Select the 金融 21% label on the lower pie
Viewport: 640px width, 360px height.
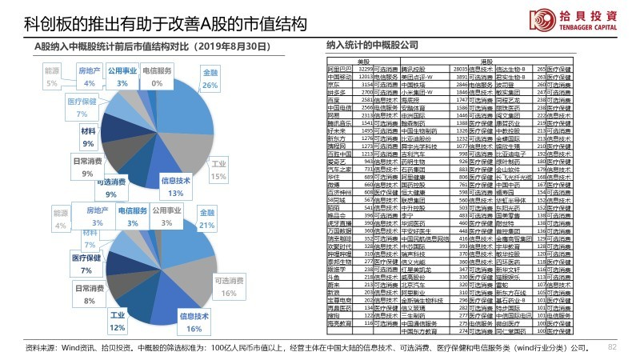click(x=207, y=220)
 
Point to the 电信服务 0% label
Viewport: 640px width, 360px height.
click(x=157, y=77)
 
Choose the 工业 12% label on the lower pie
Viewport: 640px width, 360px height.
click(x=118, y=322)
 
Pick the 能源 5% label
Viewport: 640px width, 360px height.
click(x=53, y=77)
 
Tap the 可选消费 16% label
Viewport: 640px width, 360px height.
click(x=228, y=287)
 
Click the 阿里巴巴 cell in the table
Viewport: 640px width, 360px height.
click(x=339, y=70)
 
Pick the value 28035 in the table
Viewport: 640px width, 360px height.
click(x=467, y=70)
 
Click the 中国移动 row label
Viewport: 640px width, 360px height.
click(x=339, y=76)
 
